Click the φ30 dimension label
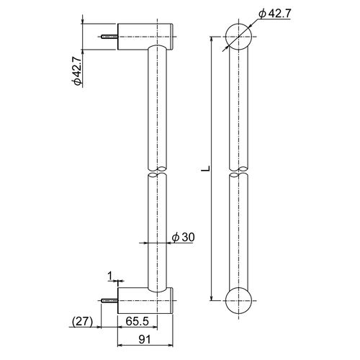[x=184, y=237]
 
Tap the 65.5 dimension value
[x=138, y=321]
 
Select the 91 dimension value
[x=145, y=340]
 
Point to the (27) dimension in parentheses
[x=82, y=321]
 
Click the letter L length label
[x=205, y=168]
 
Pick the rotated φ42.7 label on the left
[x=77, y=71]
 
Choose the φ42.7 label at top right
[x=275, y=14]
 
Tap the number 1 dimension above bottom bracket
[x=110, y=276]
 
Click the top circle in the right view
[x=238, y=37]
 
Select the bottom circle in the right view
[x=238, y=300]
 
